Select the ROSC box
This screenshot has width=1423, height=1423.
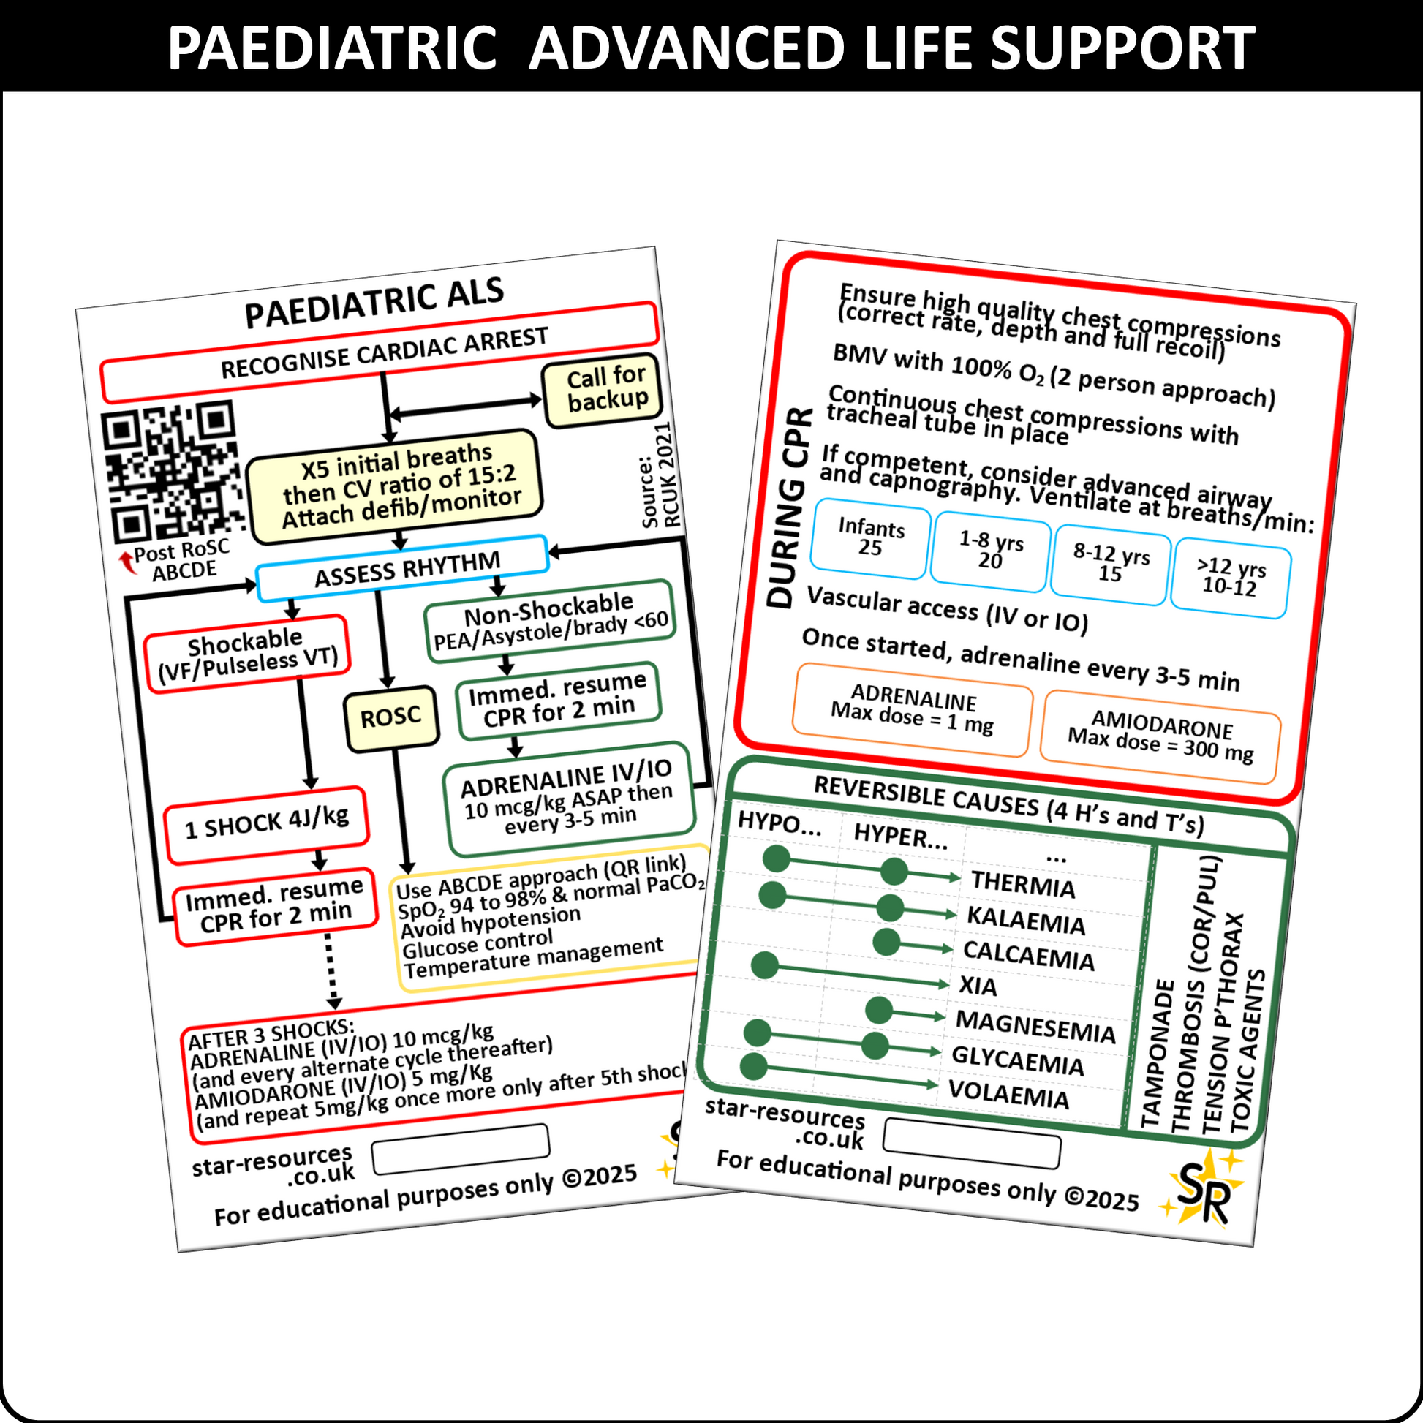[x=391, y=717]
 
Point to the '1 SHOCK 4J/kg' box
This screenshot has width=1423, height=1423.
[x=267, y=824]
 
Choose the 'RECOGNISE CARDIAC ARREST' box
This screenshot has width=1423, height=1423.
[x=380, y=352]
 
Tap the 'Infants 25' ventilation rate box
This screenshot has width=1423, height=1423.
[x=871, y=538]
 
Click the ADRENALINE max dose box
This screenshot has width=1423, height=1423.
[x=912, y=709]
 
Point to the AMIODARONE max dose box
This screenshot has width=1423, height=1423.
[x=1160, y=737]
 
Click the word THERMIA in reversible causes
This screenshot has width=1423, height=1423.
[x=1023, y=885]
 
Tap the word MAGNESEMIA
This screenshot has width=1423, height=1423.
[x=1035, y=1027]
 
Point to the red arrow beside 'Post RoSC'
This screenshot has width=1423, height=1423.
[x=128, y=563]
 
